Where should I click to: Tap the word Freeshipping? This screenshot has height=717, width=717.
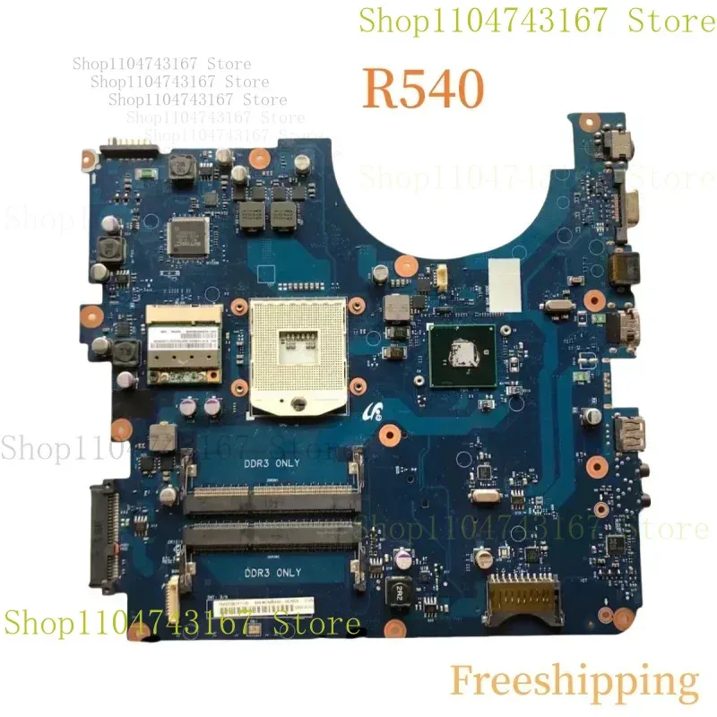click(x=574, y=681)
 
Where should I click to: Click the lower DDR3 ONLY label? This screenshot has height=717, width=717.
click(x=272, y=572)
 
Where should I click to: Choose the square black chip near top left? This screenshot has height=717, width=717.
click(x=186, y=233)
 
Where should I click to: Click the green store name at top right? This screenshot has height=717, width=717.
click(x=536, y=21)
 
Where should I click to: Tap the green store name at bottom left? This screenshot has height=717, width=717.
click(x=183, y=623)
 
